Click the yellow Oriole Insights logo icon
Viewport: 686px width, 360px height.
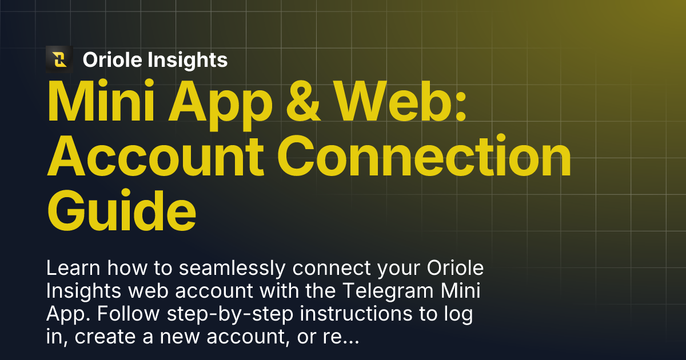59,59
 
